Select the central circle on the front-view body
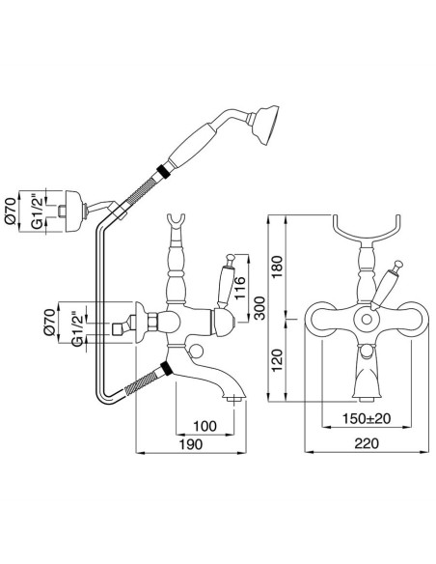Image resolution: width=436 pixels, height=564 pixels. click(x=365, y=320)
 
